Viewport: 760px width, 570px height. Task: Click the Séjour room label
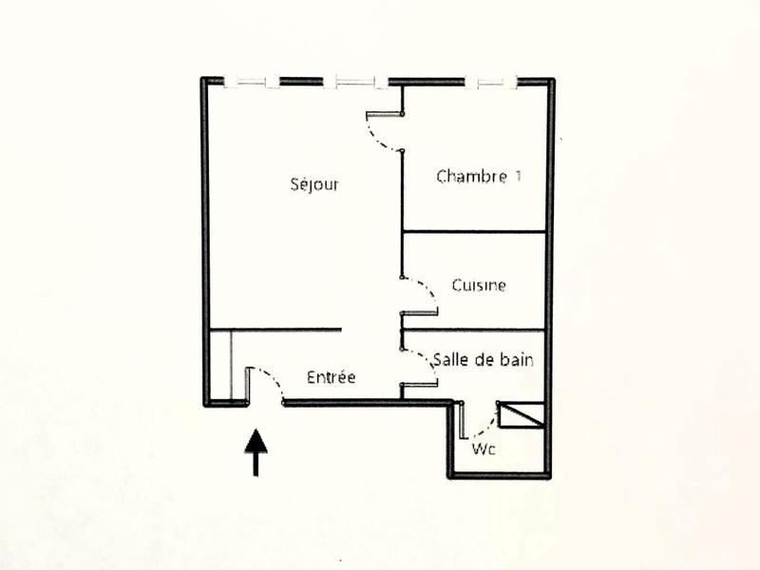coord(314,184)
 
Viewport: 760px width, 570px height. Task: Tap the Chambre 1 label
coord(479,176)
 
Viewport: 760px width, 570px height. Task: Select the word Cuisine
coord(479,285)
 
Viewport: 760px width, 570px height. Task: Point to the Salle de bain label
coord(483,360)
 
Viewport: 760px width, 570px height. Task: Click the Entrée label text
coord(332,377)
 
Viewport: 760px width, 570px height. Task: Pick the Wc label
coord(484,449)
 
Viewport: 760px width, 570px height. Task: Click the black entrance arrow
coord(256,452)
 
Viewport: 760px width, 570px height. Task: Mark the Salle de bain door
coord(421,368)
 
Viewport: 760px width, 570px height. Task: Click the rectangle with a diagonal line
coord(522,414)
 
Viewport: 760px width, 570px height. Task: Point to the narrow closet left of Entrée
coord(220,367)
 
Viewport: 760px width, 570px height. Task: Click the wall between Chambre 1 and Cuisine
coord(474,232)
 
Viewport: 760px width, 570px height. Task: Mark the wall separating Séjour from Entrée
coord(285,331)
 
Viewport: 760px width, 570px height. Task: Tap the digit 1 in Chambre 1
coord(517,176)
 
